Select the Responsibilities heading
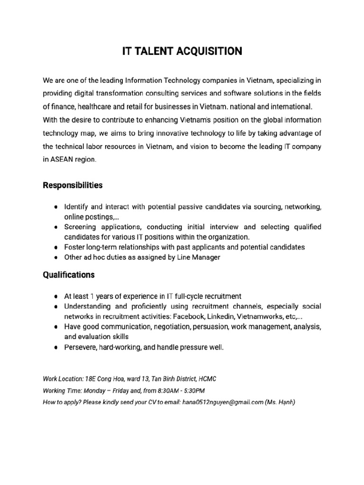pos(73,185)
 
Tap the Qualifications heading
pos(69,275)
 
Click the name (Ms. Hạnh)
pos(280,403)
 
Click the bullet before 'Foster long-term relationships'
pos(56,247)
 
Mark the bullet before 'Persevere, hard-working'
pos(56,347)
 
